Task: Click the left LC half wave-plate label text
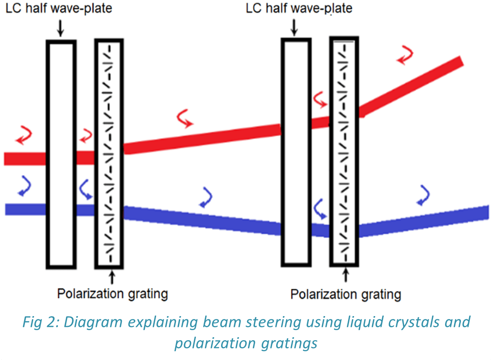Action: coord(58,8)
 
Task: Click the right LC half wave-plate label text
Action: coord(299,8)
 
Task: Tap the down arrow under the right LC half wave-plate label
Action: coord(294,28)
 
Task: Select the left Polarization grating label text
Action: coord(112,294)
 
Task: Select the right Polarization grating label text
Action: coord(346,295)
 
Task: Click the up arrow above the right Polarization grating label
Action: coord(346,276)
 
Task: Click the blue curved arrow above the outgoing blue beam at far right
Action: coord(423,195)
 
